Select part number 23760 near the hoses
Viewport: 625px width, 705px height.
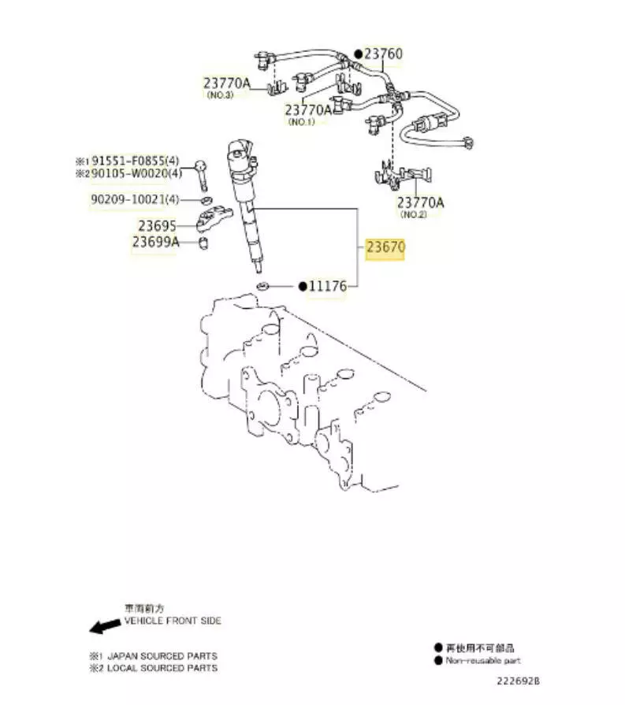point(383,54)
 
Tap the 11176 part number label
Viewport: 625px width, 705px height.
point(328,287)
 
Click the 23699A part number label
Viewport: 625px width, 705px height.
point(155,243)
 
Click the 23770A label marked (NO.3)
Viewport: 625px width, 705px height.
point(227,82)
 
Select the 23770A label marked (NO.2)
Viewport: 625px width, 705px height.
point(420,202)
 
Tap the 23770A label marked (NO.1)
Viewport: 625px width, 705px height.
point(309,110)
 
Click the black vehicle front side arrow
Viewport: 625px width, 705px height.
point(100,627)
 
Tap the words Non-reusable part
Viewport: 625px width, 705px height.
point(483,661)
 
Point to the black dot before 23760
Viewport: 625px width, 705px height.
point(358,54)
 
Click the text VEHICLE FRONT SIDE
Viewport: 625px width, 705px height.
point(173,621)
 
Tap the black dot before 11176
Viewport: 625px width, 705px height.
point(302,287)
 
